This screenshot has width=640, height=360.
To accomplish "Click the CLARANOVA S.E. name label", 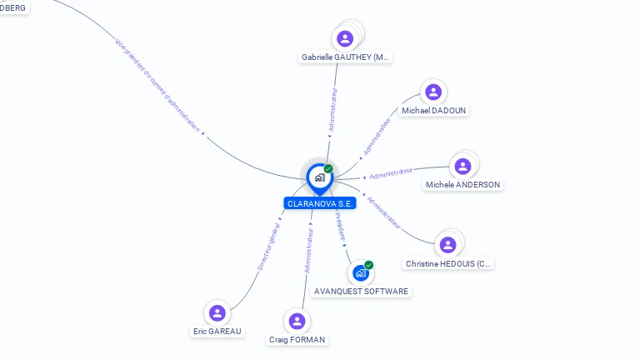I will pos(320,203).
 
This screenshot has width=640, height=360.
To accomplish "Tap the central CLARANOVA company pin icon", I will pos(320,177).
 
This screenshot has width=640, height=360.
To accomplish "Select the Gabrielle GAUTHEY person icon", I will pos(345,38).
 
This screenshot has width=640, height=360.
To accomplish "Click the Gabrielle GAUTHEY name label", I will pos(345,57).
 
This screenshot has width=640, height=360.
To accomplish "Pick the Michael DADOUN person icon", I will pos(432,92).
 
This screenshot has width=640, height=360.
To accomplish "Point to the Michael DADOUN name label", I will pos(434,110).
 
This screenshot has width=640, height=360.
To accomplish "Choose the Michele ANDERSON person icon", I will pos(462,166).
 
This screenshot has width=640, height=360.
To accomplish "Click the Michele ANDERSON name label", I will pos(462,184).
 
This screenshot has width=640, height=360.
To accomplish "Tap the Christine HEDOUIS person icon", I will pos(448,244).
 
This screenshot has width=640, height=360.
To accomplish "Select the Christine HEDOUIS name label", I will pos(448,263).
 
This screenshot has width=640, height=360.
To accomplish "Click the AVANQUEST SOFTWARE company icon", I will pos(360,272).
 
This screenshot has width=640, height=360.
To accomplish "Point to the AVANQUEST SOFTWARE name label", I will pos(361,291).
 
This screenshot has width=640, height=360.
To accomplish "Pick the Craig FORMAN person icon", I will pos(297,321).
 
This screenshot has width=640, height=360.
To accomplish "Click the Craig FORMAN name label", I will pos(297,339).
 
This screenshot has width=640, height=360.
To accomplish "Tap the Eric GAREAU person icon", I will pos(217,312).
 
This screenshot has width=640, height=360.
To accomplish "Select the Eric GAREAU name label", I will pos(217,331).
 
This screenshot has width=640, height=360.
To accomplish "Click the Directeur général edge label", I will pos(267,247).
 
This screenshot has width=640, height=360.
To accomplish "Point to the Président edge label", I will pos(340,226).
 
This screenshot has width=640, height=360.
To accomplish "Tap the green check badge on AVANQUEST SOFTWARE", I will pos(368,265).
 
